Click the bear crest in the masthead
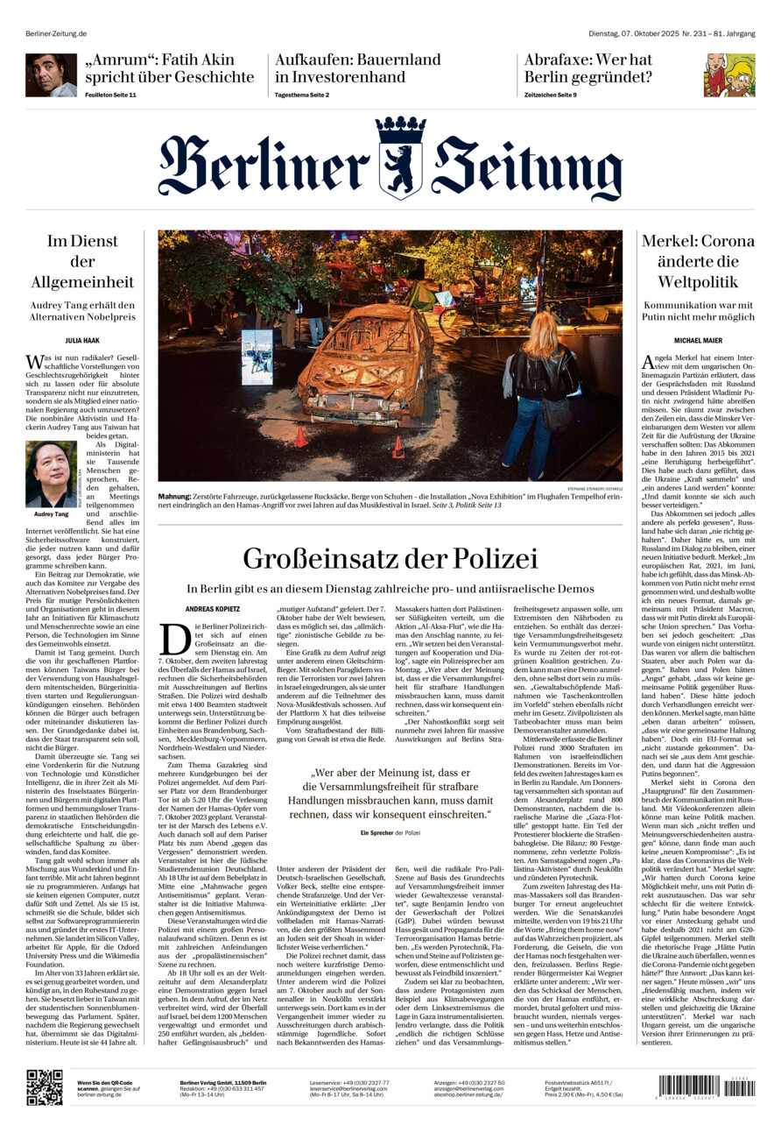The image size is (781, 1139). point(401,159)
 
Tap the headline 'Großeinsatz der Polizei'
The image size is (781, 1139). point(390,558)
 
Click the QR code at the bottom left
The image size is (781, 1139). point(44,1087)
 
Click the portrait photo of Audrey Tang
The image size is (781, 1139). point(51,474)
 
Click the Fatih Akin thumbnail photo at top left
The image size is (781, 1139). point(51,75)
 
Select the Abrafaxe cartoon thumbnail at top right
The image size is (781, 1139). point(728,75)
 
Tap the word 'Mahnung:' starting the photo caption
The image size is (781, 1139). point(175,497)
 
